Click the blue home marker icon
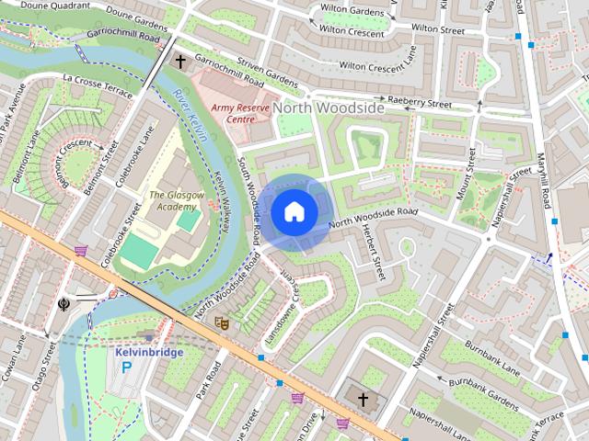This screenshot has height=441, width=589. [x=294, y=212]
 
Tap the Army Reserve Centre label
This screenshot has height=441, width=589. [x=237, y=113]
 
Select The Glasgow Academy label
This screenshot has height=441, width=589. [x=173, y=200]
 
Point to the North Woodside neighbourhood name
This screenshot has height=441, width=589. [x=329, y=108]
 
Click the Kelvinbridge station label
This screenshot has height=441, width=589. [x=149, y=352]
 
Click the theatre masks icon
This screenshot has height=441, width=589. [x=220, y=322]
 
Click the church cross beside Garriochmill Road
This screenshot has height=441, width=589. [x=180, y=62]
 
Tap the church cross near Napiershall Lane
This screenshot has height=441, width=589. [x=363, y=400]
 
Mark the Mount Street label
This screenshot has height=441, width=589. [x=469, y=187]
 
